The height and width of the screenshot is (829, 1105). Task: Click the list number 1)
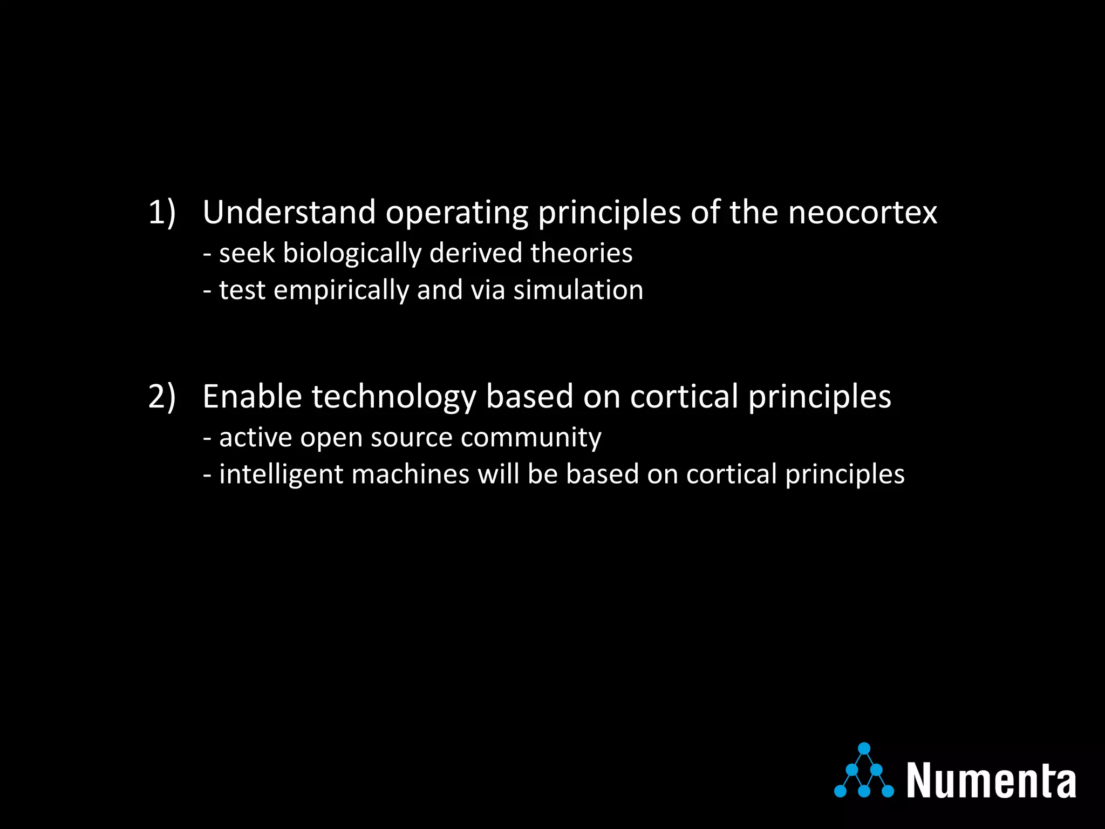(x=162, y=212)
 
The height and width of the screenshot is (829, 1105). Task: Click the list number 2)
(x=162, y=397)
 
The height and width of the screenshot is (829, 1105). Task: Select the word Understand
(x=289, y=212)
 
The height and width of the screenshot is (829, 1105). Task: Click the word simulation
(x=578, y=290)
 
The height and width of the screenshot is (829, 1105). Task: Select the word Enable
(x=252, y=397)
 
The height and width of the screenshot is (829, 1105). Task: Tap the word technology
(x=393, y=398)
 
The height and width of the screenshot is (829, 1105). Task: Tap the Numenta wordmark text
(x=991, y=780)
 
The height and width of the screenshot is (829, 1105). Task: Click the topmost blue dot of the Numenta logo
(x=864, y=749)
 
